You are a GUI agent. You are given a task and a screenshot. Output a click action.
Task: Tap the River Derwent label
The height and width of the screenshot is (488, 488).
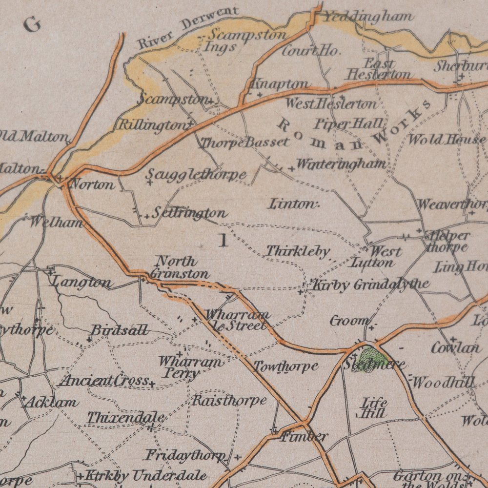click(188, 28)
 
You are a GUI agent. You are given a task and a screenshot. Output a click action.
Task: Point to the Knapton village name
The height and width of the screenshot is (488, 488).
click(279, 84)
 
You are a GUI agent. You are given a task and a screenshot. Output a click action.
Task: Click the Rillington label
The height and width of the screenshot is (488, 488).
click(150, 125)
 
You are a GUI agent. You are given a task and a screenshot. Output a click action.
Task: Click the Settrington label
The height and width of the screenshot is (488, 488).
click(189, 213)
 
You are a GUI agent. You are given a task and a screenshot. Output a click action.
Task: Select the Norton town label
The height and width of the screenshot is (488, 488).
click(92, 184)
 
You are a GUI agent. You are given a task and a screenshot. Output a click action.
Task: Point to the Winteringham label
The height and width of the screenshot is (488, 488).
click(341, 164)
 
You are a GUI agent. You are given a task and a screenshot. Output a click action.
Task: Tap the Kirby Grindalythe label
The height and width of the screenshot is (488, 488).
click(370, 284)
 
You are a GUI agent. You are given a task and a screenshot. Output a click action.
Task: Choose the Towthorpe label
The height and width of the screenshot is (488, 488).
click(285, 366)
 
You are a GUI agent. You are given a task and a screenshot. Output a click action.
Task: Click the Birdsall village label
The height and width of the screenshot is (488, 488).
click(120, 331)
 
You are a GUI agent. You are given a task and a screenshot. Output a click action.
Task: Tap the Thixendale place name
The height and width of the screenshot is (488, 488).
click(126, 418)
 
